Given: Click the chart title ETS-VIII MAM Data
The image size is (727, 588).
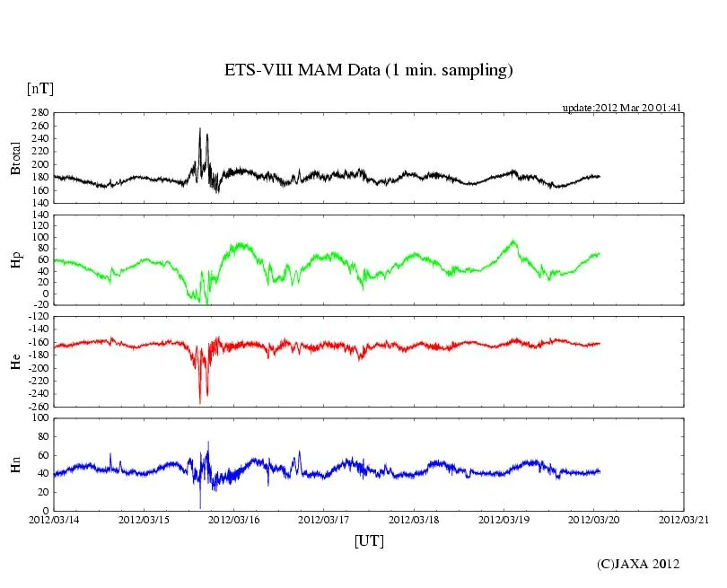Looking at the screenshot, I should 368,70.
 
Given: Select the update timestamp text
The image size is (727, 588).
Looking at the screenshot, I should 622,107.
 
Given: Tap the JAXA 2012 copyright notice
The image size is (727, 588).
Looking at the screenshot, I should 638,564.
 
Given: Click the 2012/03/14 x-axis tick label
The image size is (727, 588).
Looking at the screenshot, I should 54,519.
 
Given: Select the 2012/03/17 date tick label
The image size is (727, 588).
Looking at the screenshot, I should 324,519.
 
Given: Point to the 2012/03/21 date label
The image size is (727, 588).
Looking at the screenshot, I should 684,519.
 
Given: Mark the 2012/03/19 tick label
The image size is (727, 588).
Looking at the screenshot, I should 504,519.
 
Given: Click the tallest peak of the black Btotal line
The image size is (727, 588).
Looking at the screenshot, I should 199,128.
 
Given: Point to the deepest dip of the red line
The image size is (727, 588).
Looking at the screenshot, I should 199,403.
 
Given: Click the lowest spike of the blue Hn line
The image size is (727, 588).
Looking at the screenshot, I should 200,507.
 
